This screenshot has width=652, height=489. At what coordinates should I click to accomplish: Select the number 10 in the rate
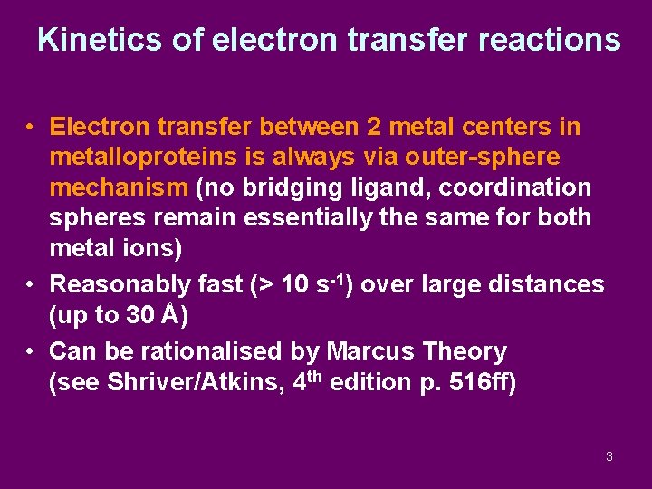click(295, 284)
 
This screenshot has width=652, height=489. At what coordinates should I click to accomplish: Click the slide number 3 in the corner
click(609, 456)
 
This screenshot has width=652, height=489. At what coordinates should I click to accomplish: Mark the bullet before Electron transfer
click(31, 127)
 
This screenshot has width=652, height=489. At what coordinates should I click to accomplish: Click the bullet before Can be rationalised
click(31, 351)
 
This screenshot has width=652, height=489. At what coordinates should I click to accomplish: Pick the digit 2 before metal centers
click(375, 126)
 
